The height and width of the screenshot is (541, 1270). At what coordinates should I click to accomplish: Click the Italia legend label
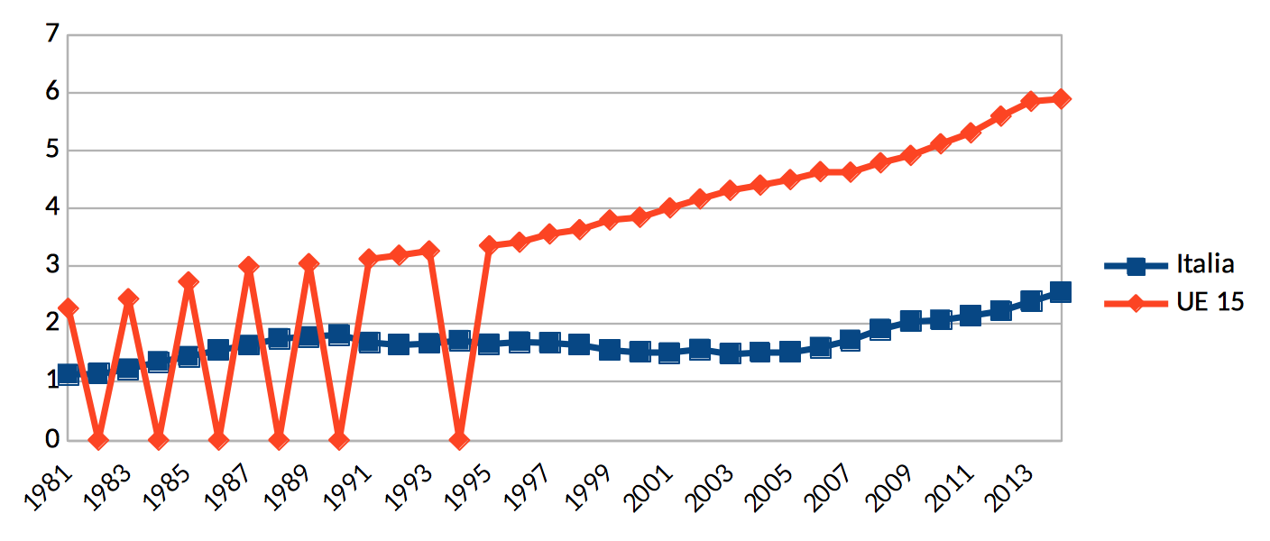[x=1204, y=264]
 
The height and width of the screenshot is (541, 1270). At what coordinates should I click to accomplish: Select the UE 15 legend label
[x=1210, y=302]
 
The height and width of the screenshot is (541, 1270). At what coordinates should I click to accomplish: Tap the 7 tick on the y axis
[x=51, y=34]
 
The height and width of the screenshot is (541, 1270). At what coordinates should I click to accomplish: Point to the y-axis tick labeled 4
[x=51, y=208]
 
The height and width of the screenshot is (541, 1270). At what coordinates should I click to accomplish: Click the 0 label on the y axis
[x=51, y=439]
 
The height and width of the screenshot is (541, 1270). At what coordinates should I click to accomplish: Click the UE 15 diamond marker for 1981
[x=68, y=308]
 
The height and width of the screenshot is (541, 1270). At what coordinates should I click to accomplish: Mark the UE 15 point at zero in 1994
[x=459, y=440]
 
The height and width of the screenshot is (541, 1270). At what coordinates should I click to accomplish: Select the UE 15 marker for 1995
[x=489, y=245]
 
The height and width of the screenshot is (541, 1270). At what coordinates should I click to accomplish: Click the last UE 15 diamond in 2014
[x=1061, y=98]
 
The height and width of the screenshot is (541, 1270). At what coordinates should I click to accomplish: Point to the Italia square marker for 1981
[x=68, y=375]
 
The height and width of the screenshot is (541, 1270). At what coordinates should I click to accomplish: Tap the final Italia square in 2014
[x=1061, y=292]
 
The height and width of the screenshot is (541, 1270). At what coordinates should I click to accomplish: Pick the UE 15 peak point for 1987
[x=249, y=266]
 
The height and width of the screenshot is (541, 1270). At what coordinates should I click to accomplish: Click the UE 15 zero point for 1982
[x=98, y=440]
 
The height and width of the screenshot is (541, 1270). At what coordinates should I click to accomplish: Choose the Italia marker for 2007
[x=850, y=340]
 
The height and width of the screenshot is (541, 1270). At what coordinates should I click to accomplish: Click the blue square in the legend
[x=1137, y=265]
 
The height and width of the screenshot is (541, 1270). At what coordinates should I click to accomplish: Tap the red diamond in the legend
[x=1137, y=303]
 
